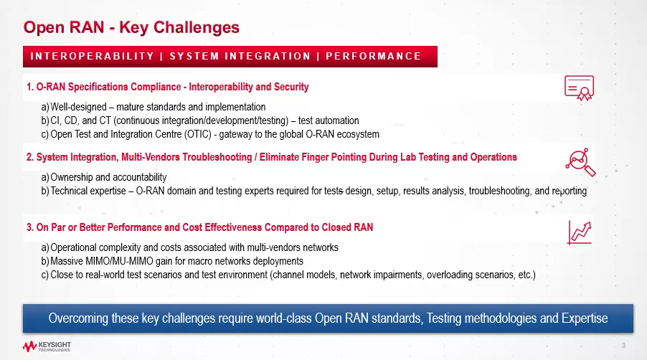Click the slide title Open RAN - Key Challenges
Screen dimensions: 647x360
(131, 28)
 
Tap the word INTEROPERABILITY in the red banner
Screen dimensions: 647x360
(92, 56)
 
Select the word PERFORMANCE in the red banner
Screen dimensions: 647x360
(374, 56)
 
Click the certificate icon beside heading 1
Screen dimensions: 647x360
(579, 87)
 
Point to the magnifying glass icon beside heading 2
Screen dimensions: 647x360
(580, 162)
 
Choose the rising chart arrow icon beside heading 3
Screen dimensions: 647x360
(580, 232)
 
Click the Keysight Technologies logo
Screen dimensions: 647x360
(47, 346)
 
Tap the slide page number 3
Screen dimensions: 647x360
(623, 346)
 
